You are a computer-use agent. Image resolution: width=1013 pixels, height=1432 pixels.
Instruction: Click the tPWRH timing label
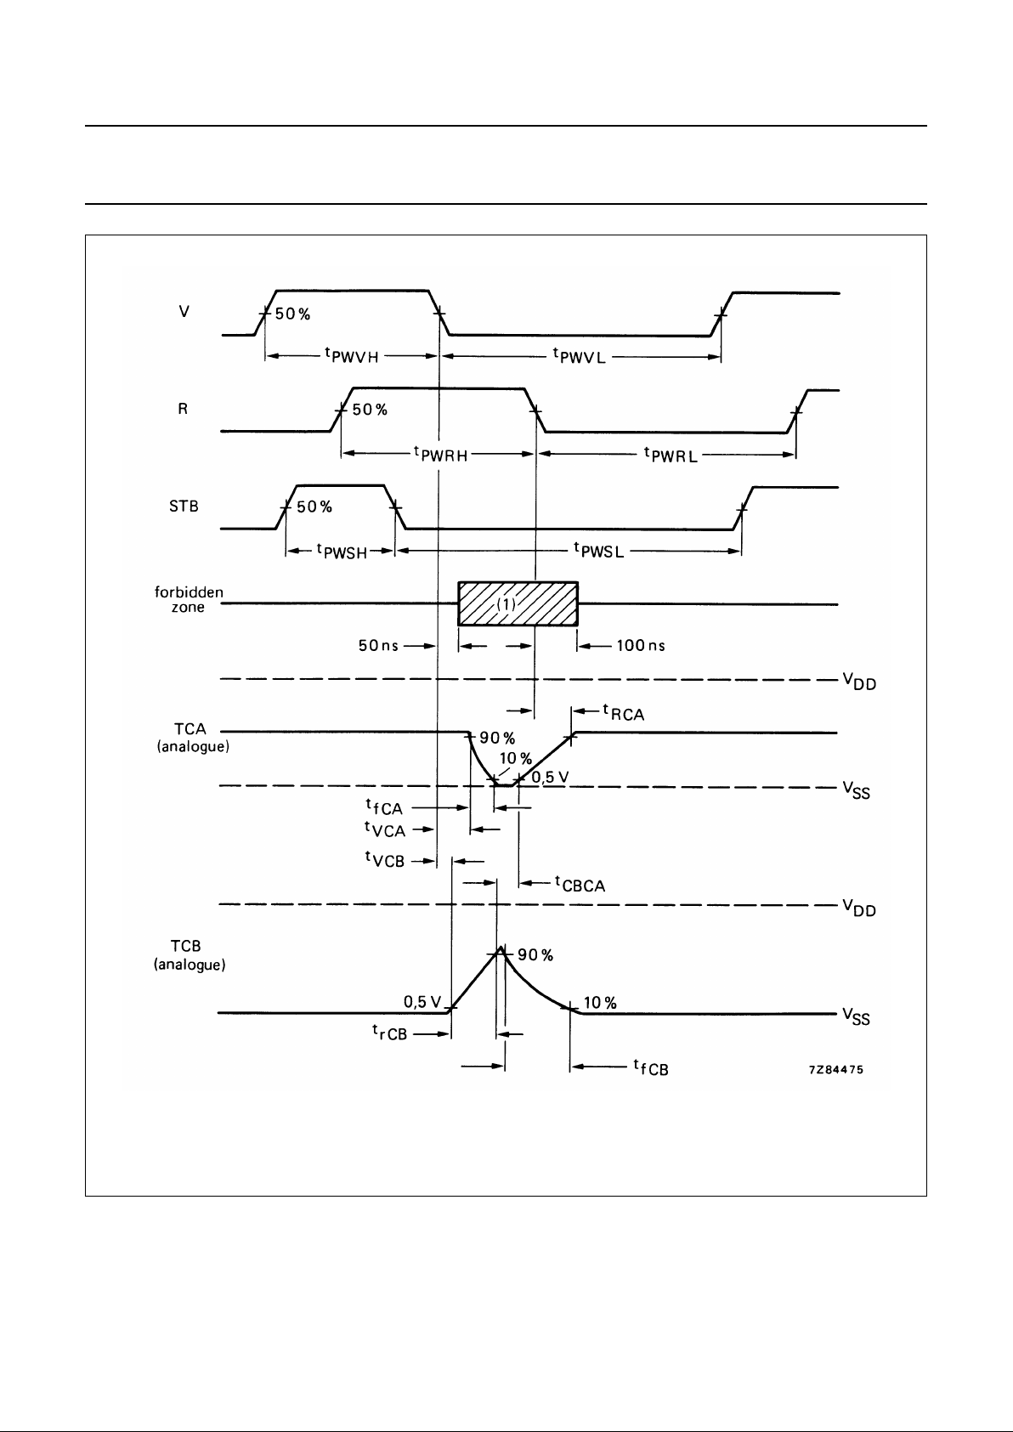click(x=440, y=455)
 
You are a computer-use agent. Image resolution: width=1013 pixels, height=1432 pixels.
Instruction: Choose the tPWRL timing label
click(x=671, y=455)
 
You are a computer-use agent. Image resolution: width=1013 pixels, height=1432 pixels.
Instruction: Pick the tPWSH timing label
click(x=342, y=552)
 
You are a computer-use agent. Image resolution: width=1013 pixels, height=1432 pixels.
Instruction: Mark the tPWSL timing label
click(x=599, y=552)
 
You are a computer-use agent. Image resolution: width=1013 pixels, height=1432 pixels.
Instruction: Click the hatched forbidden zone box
click(x=518, y=603)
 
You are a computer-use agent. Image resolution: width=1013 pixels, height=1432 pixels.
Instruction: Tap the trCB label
click(x=388, y=1033)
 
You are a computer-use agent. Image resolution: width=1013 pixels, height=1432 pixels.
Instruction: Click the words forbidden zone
click(x=188, y=600)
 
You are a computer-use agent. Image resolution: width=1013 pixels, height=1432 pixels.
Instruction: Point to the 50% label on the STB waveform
click(x=314, y=507)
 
